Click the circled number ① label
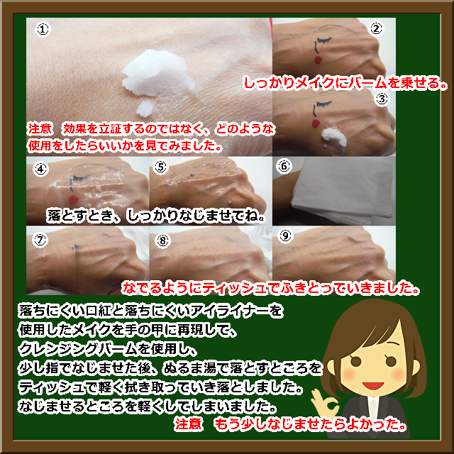pyautogui.click(x=43, y=30)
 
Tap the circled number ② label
pyautogui.click(x=376, y=28)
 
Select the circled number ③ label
pyautogui.click(x=382, y=99)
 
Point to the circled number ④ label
pyautogui.click(x=40, y=170)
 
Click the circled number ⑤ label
pyautogui.click(x=161, y=167)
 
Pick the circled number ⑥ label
pyautogui.click(x=284, y=166)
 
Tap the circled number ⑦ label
pyautogui.click(x=40, y=240)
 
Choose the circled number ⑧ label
pyautogui.click(x=162, y=240)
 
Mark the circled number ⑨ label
pyautogui.click(x=285, y=236)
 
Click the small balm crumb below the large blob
pyautogui.click(x=145, y=109)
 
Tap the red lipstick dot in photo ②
pyautogui.click(x=318, y=60)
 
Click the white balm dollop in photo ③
pyautogui.click(x=334, y=137)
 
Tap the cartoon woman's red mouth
pyautogui.click(x=373, y=386)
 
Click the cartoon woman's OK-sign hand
pyautogui.click(x=324, y=404)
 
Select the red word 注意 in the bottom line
pyautogui.click(x=188, y=424)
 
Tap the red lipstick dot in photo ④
pyautogui.click(x=74, y=199)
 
